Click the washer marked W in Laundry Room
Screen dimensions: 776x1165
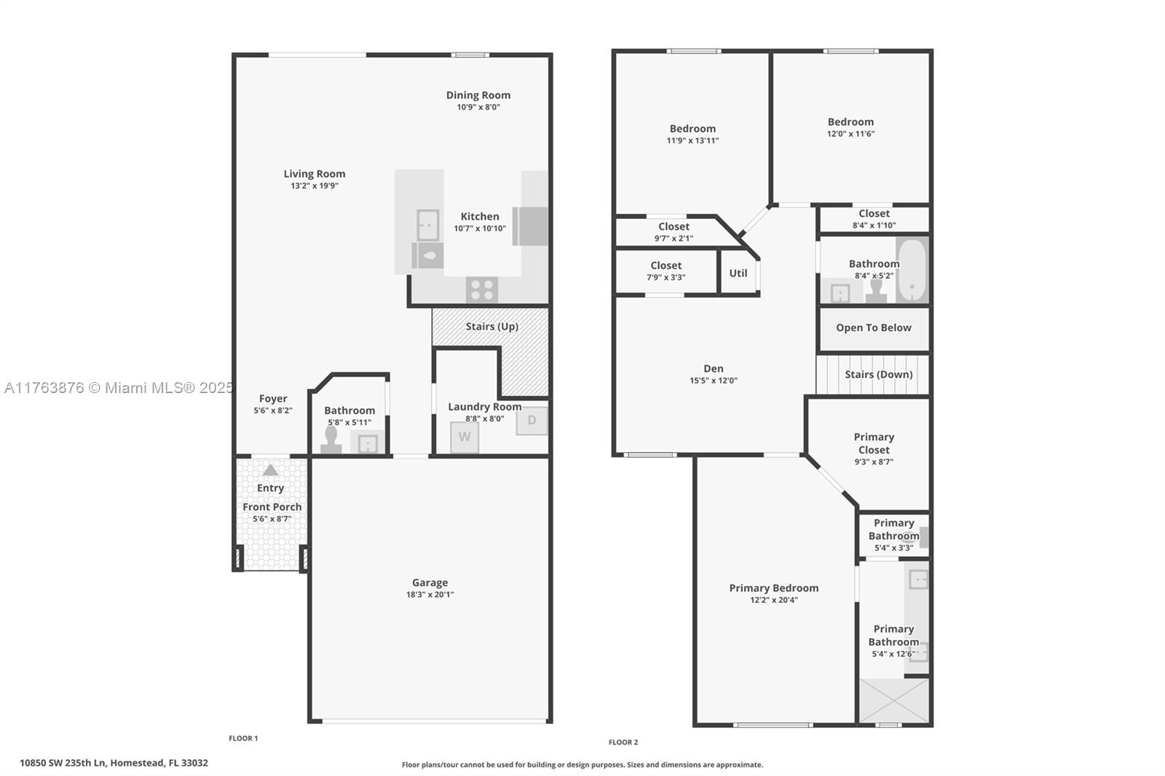(x=464, y=438)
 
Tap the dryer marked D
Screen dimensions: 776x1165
(x=532, y=420)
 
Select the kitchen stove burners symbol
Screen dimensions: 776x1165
(x=481, y=290)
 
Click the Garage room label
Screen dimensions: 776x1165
(x=430, y=582)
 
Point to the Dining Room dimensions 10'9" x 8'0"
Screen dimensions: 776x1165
(x=478, y=107)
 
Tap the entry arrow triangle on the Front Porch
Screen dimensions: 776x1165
(x=270, y=470)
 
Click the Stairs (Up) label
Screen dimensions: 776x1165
(x=492, y=326)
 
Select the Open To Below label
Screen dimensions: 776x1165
(x=873, y=328)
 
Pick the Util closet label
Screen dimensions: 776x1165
(x=738, y=273)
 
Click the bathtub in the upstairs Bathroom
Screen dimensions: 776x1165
(x=911, y=271)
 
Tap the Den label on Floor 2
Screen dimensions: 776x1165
(x=714, y=368)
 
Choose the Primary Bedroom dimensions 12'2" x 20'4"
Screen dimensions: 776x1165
(x=774, y=600)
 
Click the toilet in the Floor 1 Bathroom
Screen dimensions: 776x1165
(x=331, y=440)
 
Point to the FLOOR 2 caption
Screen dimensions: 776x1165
(x=623, y=743)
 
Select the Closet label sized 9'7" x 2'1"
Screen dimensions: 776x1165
(x=674, y=226)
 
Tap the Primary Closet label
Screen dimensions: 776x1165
(x=874, y=443)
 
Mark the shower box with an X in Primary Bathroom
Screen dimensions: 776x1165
(x=894, y=700)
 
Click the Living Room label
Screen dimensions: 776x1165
(x=315, y=173)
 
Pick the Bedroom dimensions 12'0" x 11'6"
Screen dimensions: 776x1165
(x=850, y=134)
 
